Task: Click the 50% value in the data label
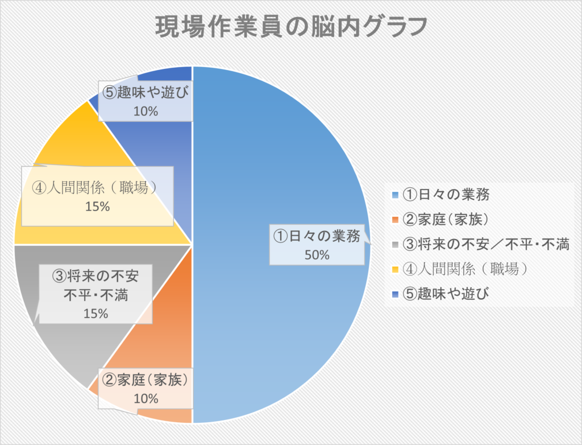(317, 255)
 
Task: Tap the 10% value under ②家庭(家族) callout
(145, 398)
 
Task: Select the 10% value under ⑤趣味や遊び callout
(145, 111)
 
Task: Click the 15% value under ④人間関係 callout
(97, 207)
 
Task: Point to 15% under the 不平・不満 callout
(95, 313)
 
